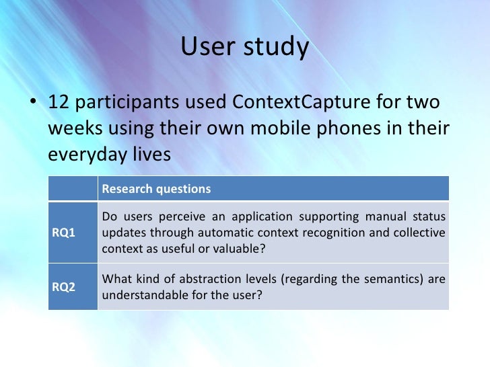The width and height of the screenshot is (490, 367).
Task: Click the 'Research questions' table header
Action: (156, 189)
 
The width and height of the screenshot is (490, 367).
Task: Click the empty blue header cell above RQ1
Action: (73, 189)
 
